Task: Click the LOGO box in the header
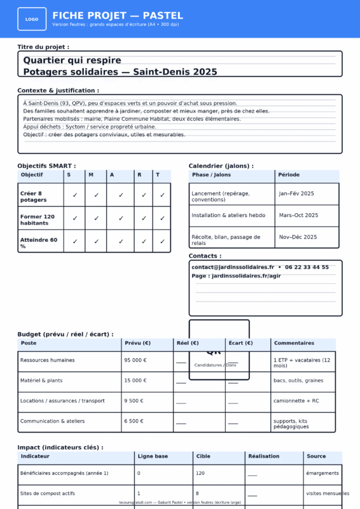tap(32, 19)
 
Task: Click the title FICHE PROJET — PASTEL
tap(117, 15)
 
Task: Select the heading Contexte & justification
tap(58, 90)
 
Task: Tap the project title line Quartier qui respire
tap(72, 60)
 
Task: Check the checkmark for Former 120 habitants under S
tap(74, 218)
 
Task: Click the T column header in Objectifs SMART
tap(158, 175)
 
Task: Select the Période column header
tap(289, 175)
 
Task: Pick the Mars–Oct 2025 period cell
tap(298, 215)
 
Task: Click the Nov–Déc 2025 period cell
tap(298, 237)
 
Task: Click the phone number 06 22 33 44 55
tap(307, 267)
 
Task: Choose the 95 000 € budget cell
tap(135, 360)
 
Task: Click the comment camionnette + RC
tap(295, 401)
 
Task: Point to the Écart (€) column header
tap(240, 343)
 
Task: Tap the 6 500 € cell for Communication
tap(134, 421)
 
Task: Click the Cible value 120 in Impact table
tap(200, 473)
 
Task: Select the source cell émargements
tap(322, 473)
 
